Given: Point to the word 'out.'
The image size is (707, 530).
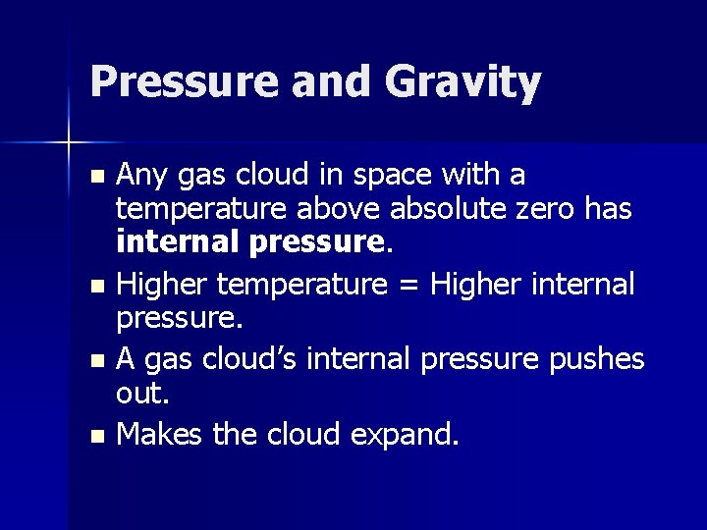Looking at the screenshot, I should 143,394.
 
